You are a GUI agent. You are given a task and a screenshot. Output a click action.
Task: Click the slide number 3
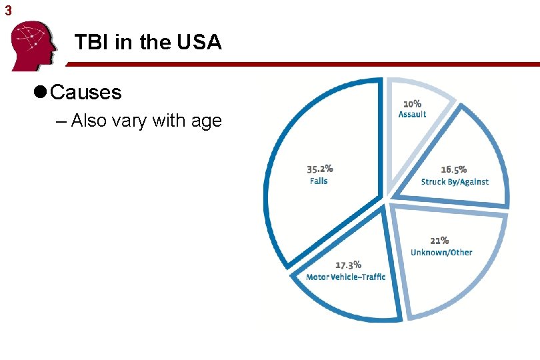pyautogui.click(x=8, y=10)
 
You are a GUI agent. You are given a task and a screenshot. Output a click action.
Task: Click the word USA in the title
pyautogui.click(x=199, y=43)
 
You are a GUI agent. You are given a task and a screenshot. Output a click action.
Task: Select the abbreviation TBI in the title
pyautogui.click(x=92, y=43)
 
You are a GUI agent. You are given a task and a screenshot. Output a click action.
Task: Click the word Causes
pyautogui.click(x=85, y=92)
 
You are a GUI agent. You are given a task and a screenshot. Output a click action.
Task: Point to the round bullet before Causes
pyautogui.click(x=39, y=92)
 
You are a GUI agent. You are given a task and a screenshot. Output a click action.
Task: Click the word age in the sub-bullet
pyautogui.click(x=207, y=121)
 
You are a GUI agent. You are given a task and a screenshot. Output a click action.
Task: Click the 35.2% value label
pyautogui.click(x=319, y=169)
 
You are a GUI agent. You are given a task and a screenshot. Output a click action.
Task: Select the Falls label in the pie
pyautogui.click(x=319, y=181)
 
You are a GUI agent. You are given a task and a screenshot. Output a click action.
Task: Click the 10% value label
pyautogui.click(x=411, y=103)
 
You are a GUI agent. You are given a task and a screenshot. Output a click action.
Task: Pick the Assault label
pyautogui.click(x=412, y=114)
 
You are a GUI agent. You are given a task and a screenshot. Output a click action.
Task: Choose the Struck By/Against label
pyautogui.click(x=454, y=181)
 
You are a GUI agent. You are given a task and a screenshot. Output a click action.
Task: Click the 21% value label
pyautogui.click(x=439, y=240)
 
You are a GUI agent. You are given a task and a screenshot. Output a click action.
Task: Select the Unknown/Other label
pyautogui.click(x=441, y=252)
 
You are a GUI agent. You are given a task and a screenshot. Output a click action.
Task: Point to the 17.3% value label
pyautogui.click(x=347, y=265)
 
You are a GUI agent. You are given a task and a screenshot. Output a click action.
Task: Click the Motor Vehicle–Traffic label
pyautogui.click(x=345, y=277)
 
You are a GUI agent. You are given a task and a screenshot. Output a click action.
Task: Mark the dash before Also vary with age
pyautogui.click(x=62, y=121)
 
